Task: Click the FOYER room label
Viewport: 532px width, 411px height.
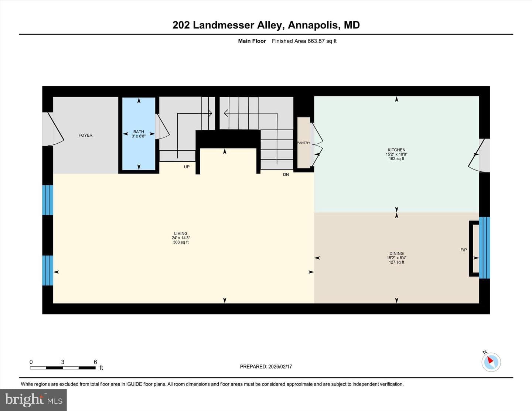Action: [x=85, y=135]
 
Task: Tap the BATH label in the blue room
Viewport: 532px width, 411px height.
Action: [x=139, y=131]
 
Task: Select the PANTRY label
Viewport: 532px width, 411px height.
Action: [x=304, y=143]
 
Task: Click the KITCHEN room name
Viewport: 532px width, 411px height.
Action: [x=396, y=150]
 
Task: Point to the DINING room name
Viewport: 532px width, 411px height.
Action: [x=396, y=253]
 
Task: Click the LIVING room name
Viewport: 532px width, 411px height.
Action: [x=181, y=233]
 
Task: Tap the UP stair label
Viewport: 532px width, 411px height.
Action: [x=187, y=167]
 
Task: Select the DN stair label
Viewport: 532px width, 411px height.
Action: [x=286, y=175]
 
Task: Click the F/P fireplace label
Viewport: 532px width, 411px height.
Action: [x=463, y=250]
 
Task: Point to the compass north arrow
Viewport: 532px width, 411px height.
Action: [x=490, y=360]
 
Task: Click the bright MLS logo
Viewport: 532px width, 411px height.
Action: [x=34, y=400]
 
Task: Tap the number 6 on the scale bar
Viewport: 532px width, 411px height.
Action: [x=95, y=362]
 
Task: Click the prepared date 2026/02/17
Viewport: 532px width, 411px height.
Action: [x=280, y=366]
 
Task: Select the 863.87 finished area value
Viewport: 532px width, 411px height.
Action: [x=316, y=41]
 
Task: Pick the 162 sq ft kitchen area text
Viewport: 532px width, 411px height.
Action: [x=396, y=158]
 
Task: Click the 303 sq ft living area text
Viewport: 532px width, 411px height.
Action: [x=181, y=242]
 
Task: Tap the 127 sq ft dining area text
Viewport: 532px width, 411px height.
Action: [x=396, y=262]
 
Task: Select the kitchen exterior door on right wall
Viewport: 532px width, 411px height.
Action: [x=479, y=155]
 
